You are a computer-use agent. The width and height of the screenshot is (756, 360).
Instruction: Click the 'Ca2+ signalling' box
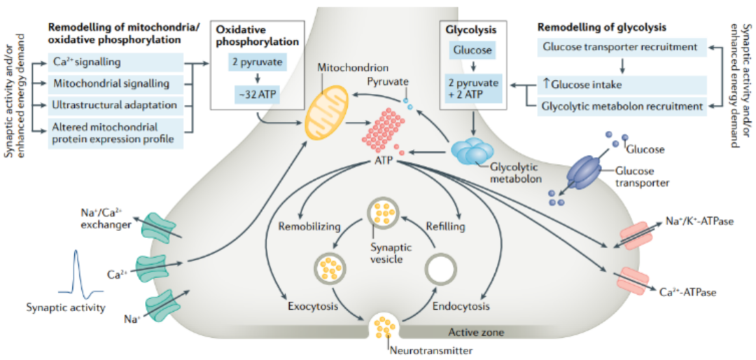pyautogui.click(x=116, y=62)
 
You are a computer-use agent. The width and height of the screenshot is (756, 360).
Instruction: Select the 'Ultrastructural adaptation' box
pyautogui.click(x=116, y=106)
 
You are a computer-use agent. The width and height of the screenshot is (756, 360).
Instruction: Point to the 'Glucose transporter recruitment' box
pyautogui.click(x=620, y=48)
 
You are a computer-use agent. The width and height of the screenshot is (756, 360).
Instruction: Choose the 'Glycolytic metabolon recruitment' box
pyautogui.click(x=620, y=106)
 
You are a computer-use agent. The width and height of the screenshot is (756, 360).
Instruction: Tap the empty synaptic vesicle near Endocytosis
pyautogui.click(x=440, y=269)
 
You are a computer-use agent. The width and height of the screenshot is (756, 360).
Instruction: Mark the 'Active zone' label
pyautogui.click(x=475, y=333)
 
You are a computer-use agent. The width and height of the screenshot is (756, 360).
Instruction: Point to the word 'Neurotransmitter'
pyautogui.click(x=430, y=350)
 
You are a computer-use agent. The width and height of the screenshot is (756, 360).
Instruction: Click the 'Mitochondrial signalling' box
pyautogui.click(x=116, y=84)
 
